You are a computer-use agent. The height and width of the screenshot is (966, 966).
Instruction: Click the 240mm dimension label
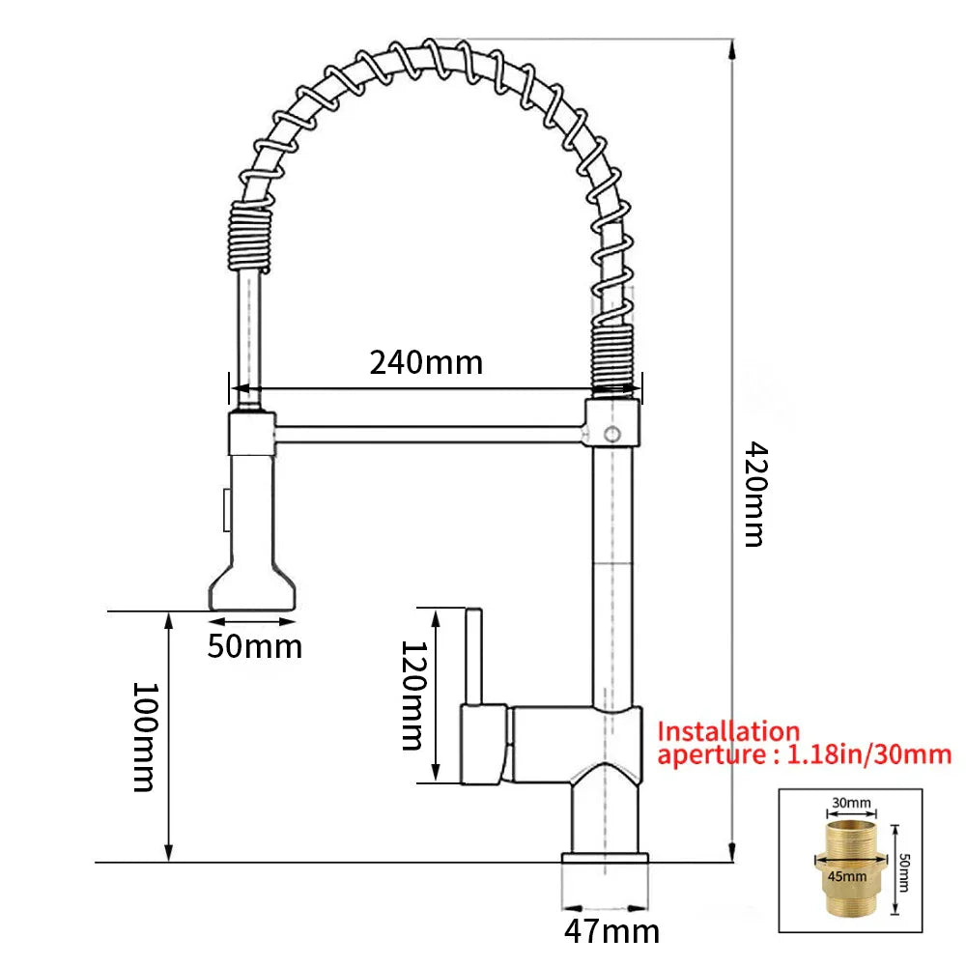click(425, 362)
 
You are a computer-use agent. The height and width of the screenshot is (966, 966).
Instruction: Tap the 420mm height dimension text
click(753, 494)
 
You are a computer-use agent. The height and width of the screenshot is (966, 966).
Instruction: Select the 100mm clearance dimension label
click(143, 736)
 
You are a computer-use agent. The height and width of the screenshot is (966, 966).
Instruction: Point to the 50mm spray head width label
click(254, 645)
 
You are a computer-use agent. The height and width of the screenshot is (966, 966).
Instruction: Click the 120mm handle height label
click(412, 695)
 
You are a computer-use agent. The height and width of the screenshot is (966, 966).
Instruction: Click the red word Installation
click(728, 732)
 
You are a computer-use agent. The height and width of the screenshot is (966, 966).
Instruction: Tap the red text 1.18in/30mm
click(869, 754)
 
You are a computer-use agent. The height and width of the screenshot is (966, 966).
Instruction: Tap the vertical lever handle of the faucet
click(474, 657)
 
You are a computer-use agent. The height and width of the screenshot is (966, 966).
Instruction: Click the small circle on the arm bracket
click(611, 434)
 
